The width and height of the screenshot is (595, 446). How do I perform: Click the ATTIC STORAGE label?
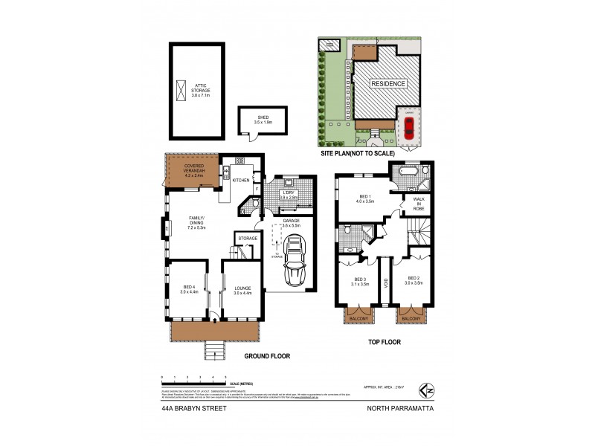[x=202, y=90]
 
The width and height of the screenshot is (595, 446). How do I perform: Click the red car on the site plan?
[x=408, y=129]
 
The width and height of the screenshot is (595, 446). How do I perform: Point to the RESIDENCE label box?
[x=389, y=84]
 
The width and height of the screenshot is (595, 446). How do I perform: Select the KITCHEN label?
[x=241, y=181]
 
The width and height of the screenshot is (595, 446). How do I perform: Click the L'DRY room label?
[x=288, y=195]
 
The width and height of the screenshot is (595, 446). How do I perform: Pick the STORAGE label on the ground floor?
[x=248, y=238]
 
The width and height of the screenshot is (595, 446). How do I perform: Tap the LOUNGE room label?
[x=242, y=290]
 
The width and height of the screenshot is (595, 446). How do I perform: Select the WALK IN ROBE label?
[x=418, y=204]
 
